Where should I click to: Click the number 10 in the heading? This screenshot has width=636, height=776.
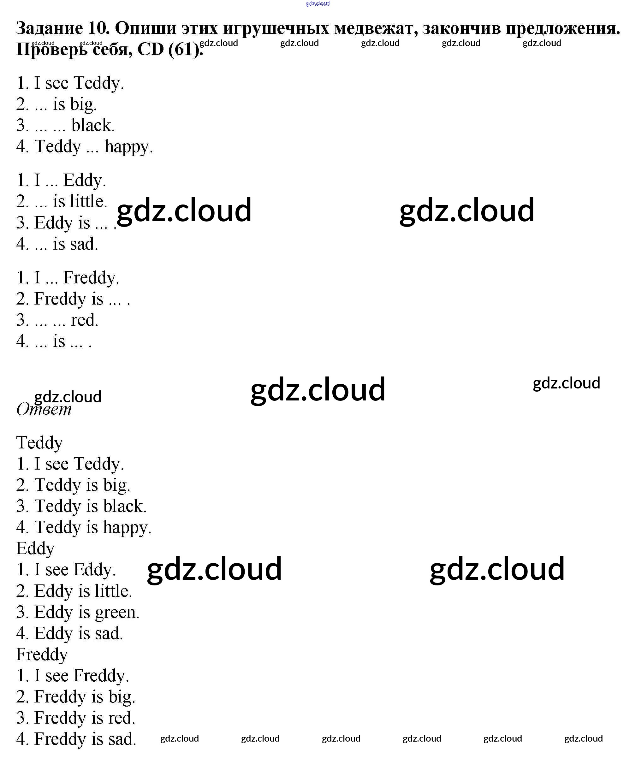[98, 28]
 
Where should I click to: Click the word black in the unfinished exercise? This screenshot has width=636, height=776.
[93, 125]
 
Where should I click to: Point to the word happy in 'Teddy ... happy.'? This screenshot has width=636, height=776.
[128, 146]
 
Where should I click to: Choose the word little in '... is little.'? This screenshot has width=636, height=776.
[88, 201]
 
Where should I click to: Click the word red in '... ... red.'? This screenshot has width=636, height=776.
[84, 320]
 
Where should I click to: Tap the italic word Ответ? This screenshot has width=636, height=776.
[44, 409]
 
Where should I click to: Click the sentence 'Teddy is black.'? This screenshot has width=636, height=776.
[81, 506]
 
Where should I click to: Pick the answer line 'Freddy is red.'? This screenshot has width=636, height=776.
[76, 718]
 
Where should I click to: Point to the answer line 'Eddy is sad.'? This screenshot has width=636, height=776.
[70, 633]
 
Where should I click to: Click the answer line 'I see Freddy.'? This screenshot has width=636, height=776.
[73, 675]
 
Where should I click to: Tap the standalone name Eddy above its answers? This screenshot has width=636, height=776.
[35, 548]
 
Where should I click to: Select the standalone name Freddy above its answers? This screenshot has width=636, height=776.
[42, 654]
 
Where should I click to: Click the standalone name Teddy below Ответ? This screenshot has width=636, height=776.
[39, 442]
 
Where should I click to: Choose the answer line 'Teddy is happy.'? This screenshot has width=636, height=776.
[84, 527]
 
